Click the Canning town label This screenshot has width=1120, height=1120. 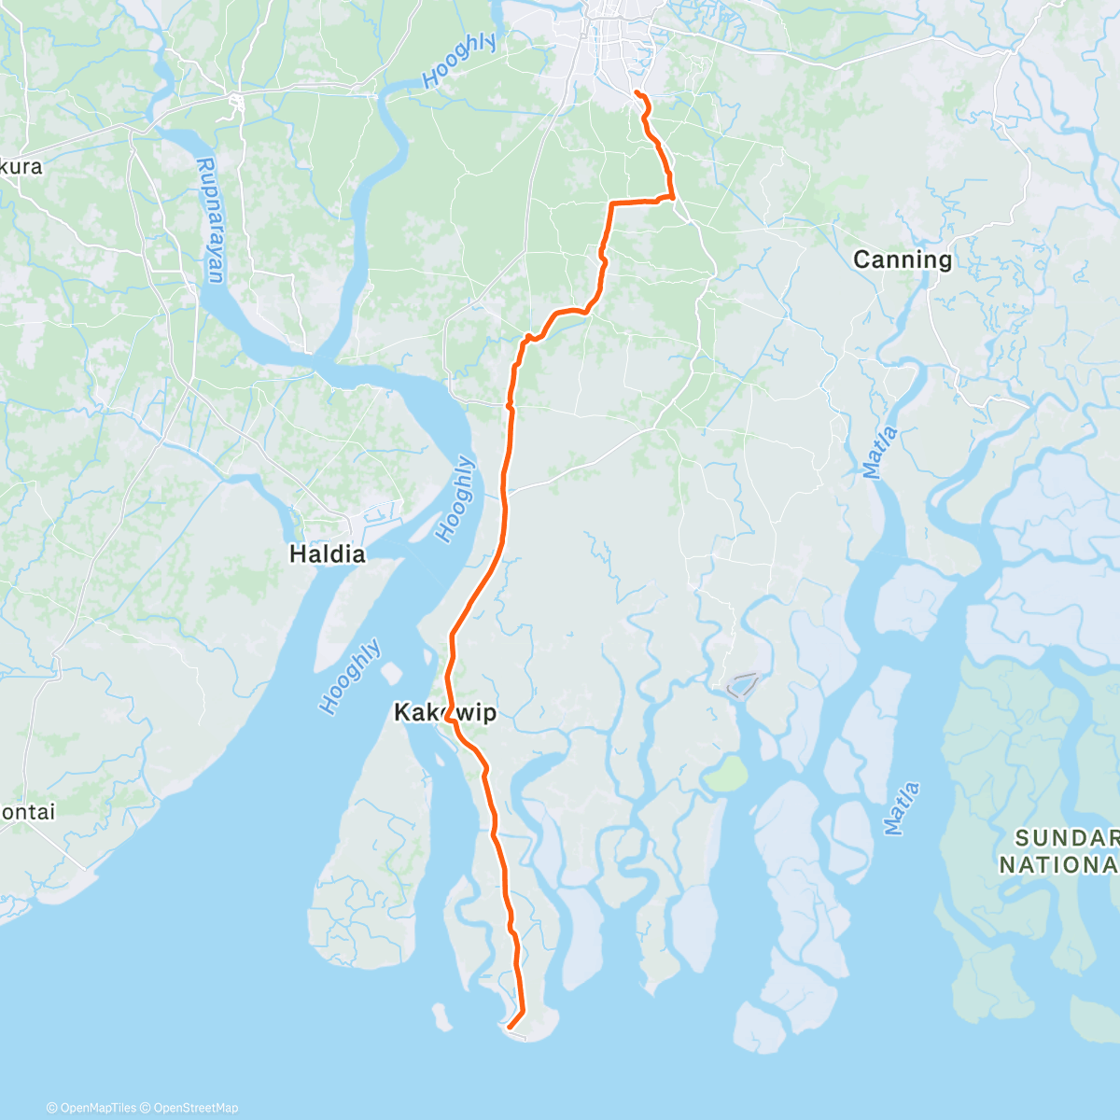point(902,259)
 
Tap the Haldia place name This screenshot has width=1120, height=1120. point(327,553)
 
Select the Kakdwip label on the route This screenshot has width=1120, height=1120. point(445,713)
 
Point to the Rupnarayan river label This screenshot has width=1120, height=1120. point(210,220)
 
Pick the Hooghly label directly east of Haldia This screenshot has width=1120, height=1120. point(456,499)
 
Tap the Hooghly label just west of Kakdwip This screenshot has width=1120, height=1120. point(351,677)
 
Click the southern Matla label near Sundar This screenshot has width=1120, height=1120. point(902,808)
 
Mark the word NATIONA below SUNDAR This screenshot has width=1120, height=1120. point(1058,865)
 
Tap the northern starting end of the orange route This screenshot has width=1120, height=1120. point(636,92)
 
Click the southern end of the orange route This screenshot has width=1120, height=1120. point(509,1028)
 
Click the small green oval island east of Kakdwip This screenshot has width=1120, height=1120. point(723,774)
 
